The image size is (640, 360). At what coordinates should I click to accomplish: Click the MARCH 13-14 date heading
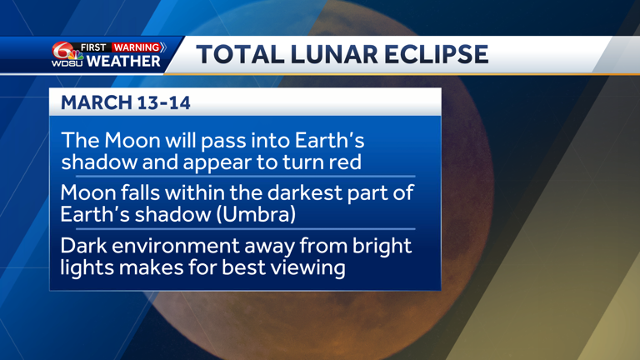[x=115, y=102]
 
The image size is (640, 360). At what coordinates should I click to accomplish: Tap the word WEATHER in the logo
[x=123, y=62]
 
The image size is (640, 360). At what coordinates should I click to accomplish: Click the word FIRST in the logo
[x=94, y=47]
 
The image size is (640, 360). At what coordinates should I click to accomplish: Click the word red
[x=345, y=161]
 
